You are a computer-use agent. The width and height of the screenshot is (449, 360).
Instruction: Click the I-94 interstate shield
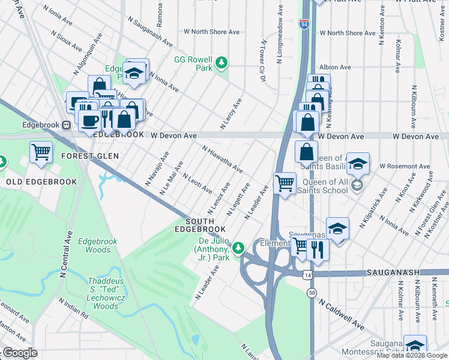pos(304,25)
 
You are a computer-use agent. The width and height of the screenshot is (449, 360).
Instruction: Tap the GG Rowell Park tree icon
pos(221,62)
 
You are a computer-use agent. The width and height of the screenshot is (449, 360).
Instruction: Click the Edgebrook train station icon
pos(67,125)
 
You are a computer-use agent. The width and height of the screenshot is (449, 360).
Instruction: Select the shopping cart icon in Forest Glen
pos(41,151)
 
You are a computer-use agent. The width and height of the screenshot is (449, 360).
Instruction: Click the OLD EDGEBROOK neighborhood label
pos(41,181)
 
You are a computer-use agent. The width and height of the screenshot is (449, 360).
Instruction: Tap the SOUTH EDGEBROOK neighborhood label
pos(200,225)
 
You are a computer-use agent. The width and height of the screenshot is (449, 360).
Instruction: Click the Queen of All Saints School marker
pos(358,185)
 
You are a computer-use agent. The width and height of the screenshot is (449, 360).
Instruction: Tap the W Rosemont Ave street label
pos(408,166)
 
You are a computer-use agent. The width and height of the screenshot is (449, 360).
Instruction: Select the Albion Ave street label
pos(336,67)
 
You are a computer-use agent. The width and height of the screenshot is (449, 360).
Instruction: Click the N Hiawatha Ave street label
pos(222,160)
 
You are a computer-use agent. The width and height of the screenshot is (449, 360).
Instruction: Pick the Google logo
pos(20,353)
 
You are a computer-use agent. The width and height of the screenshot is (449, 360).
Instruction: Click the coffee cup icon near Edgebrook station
pos(90,120)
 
